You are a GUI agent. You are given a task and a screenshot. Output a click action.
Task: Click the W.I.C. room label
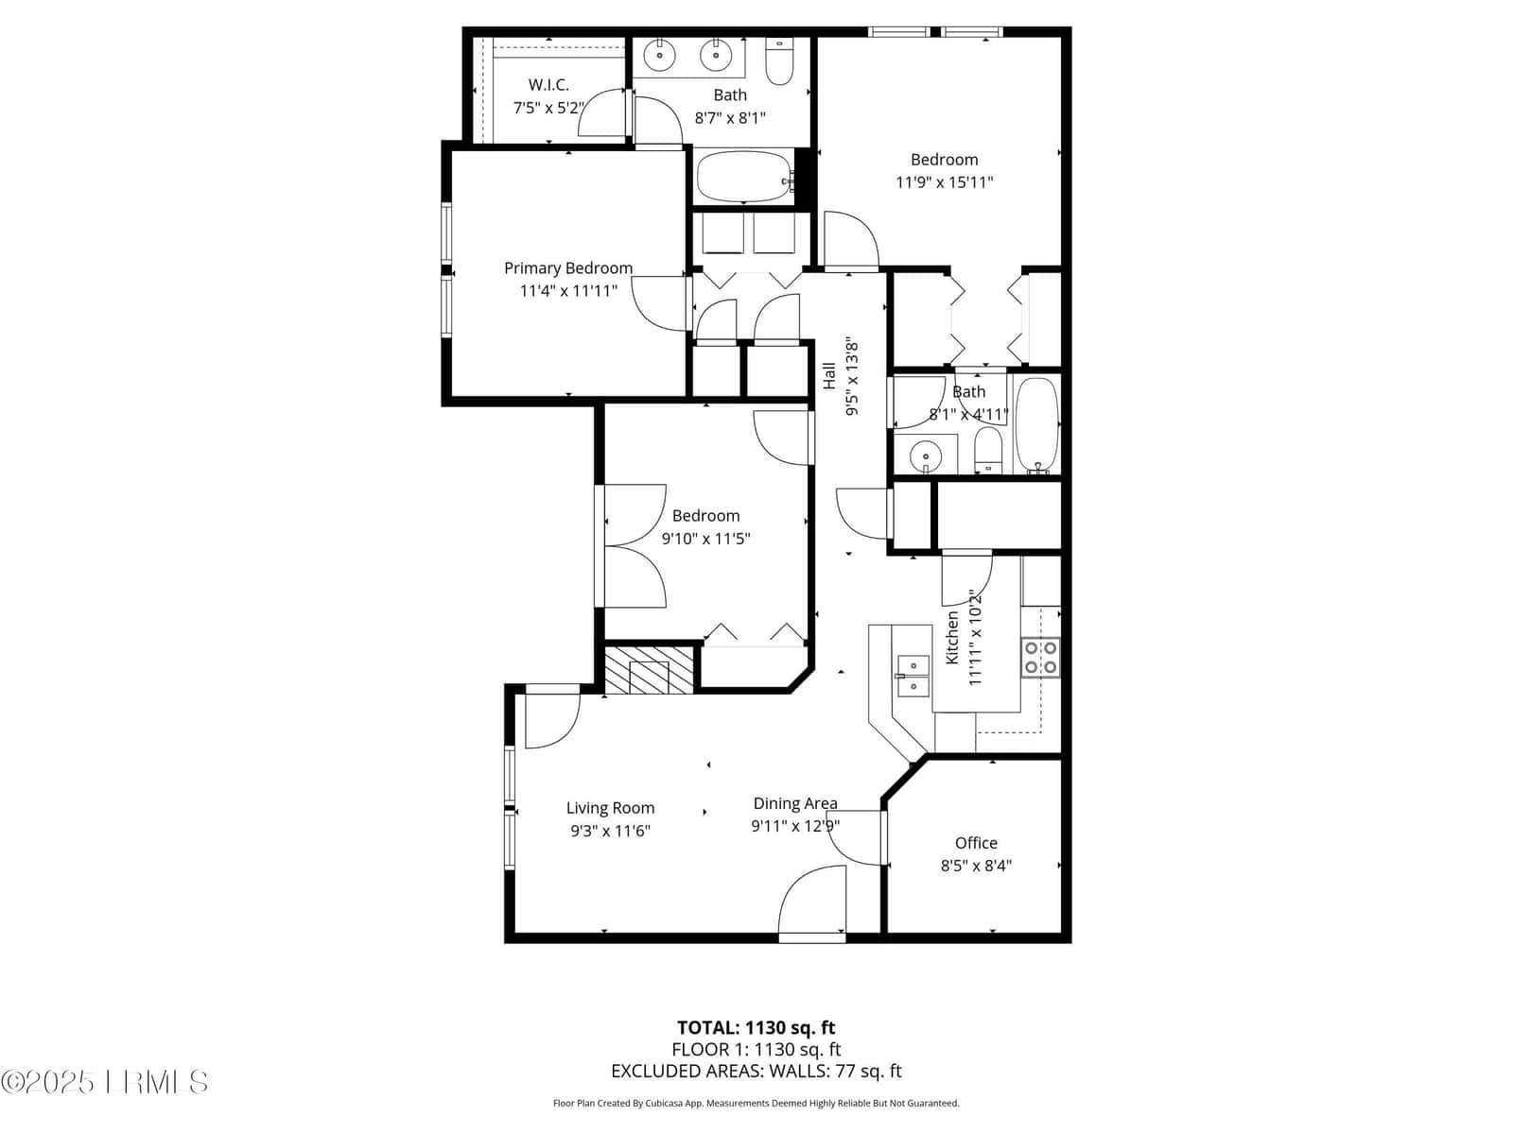(548, 85)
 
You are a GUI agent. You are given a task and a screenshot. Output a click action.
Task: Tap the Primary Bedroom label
(568, 267)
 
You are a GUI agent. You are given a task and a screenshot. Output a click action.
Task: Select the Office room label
(976, 843)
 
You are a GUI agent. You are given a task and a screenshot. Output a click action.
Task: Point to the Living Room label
(610, 808)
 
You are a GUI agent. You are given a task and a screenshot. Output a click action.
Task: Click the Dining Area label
(795, 803)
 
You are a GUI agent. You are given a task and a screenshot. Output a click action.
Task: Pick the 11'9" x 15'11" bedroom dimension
(944, 182)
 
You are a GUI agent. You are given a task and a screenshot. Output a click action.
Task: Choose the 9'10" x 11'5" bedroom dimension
(705, 539)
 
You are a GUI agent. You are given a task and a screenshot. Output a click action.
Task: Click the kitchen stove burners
(1041, 658)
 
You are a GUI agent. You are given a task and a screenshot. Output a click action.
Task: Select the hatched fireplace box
(649, 669)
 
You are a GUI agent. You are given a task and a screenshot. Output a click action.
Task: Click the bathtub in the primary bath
(744, 177)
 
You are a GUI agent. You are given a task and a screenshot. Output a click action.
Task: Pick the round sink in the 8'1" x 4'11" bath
(925, 455)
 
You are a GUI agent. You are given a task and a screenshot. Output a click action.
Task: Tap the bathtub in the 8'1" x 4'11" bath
(1036, 425)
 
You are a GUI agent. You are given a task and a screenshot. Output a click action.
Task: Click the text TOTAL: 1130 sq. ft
(756, 1028)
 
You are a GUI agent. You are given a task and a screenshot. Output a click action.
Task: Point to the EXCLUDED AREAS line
(756, 1072)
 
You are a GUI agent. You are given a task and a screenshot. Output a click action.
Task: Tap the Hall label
(829, 376)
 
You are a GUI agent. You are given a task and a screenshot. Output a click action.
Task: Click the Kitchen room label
(952, 638)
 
